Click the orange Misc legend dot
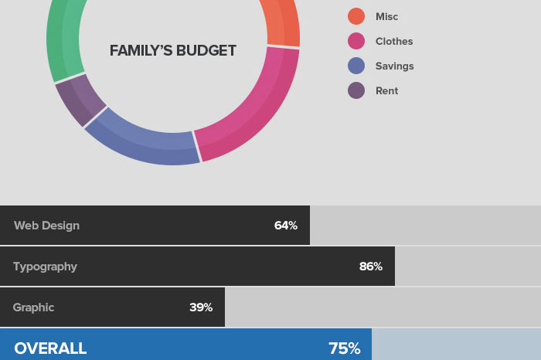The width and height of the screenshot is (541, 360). [x=356, y=16]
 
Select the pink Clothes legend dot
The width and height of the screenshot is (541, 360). [x=356, y=41]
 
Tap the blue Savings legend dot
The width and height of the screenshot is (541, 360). [x=356, y=66]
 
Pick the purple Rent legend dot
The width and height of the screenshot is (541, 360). [x=356, y=90]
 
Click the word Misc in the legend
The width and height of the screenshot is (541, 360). [x=386, y=16]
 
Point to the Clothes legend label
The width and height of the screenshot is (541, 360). [x=394, y=41]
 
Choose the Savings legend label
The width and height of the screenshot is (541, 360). [x=394, y=66]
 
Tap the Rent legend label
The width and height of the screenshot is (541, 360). [x=386, y=90]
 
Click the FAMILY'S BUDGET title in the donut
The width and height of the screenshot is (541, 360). [x=173, y=51]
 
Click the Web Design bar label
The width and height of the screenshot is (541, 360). [x=46, y=226]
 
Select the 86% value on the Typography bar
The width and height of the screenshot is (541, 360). [x=370, y=267]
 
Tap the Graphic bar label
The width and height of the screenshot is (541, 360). [x=33, y=307]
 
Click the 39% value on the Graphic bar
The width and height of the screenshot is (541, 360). [x=201, y=307]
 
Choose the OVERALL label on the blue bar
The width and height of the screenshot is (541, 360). [x=50, y=348]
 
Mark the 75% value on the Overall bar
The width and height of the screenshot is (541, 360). [x=344, y=348]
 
